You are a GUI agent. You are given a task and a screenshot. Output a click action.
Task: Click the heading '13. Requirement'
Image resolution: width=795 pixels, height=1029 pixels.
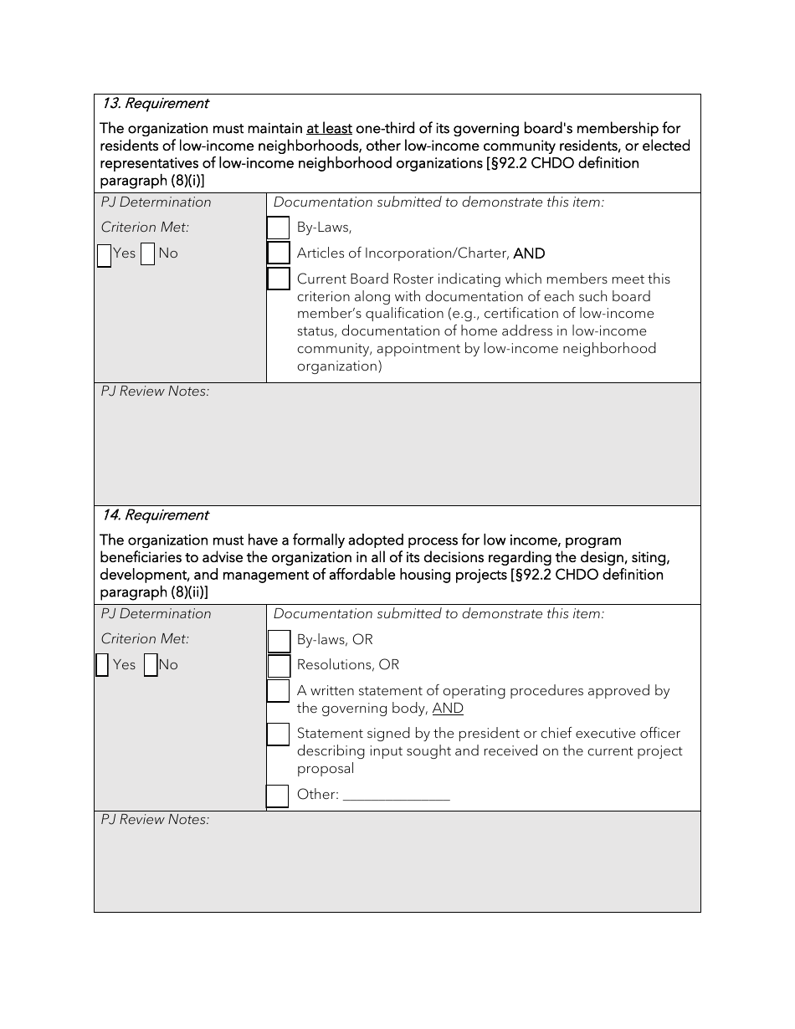click(155, 104)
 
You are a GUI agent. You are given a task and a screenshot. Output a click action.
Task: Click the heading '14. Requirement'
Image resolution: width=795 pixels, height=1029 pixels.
click(155, 515)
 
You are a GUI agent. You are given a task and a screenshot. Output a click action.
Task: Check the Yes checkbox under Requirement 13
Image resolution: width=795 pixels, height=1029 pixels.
click(105, 254)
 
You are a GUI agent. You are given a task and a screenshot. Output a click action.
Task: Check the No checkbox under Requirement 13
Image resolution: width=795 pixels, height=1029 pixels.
click(148, 254)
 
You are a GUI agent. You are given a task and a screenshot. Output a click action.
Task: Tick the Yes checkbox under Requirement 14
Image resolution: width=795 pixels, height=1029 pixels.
click(102, 665)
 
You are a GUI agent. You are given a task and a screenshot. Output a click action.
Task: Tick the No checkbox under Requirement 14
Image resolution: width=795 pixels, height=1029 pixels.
click(151, 665)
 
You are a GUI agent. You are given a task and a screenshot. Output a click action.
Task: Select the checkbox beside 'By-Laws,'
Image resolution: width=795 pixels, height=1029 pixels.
click(279, 228)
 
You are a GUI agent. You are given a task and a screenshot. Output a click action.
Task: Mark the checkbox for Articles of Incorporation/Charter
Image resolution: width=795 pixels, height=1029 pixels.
click(279, 253)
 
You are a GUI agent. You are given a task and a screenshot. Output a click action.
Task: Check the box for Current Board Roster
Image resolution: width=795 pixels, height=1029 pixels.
click(279, 279)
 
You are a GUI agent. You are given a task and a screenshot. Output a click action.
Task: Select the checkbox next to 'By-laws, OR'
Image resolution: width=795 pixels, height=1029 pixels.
click(279, 641)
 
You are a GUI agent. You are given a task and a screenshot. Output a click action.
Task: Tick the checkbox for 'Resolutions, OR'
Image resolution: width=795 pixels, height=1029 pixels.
click(279, 666)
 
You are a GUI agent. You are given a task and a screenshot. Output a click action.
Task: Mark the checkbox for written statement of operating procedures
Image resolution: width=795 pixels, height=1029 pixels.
click(279, 691)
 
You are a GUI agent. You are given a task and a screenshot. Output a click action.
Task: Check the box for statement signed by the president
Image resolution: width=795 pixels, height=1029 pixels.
click(279, 735)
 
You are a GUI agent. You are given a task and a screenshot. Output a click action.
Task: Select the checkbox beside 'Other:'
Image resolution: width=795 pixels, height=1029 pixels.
click(278, 796)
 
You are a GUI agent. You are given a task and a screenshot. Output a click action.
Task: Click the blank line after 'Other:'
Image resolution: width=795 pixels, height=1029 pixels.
click(397, 796)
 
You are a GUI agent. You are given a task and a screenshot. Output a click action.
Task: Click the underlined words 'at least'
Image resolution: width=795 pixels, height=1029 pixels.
click(329, 129)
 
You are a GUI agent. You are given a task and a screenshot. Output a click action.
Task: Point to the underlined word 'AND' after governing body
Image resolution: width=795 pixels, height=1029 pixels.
click(448, 709)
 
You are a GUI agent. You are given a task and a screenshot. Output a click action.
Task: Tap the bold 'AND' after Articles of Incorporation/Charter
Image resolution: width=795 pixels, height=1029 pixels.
click(529, 253)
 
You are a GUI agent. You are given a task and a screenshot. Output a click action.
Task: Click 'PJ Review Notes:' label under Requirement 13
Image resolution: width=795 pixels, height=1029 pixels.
click(155, 392)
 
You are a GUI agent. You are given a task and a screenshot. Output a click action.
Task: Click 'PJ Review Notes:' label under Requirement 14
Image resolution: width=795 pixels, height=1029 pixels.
click(155, 820)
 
